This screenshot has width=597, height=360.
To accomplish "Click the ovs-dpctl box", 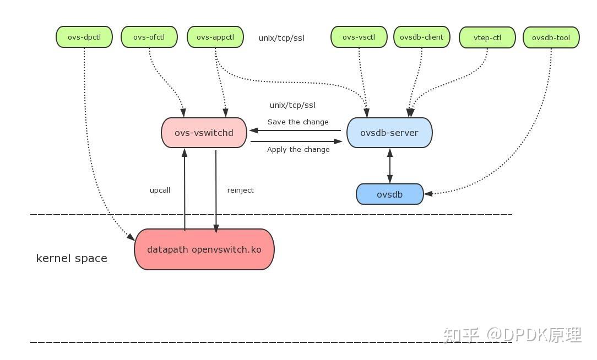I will click(x=84, y=37).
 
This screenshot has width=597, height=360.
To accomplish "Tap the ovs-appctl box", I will click(x=215, y=37).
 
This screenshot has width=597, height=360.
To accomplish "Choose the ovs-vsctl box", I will click(x=359, y=37).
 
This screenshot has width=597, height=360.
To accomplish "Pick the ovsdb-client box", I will click(x=422, y=37).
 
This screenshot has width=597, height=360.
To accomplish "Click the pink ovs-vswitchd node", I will click(x=204, y=133).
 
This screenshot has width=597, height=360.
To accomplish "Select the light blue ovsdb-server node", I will click(x=389, y=133).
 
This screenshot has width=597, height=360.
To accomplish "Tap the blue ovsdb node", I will click(x=390, y=194).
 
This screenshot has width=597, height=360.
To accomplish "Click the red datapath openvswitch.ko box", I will click(x=204, y=249).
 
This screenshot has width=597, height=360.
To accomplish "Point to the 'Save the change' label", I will click(x=298, y=122).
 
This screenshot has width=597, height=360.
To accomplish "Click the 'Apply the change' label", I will click(x=298, y=150).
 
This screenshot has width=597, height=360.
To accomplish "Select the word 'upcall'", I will click(x=160, y=190).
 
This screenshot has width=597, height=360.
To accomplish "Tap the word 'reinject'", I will click(x=240, y=190).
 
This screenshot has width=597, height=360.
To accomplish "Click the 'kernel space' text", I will click(x=72, y=258).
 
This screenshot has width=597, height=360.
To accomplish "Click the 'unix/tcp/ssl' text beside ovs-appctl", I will click(x=281, y=38).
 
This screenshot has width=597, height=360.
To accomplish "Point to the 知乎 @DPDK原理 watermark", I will click(x=513, y=335).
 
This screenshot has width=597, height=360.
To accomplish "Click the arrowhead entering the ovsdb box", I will click(x=428, y=193).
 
